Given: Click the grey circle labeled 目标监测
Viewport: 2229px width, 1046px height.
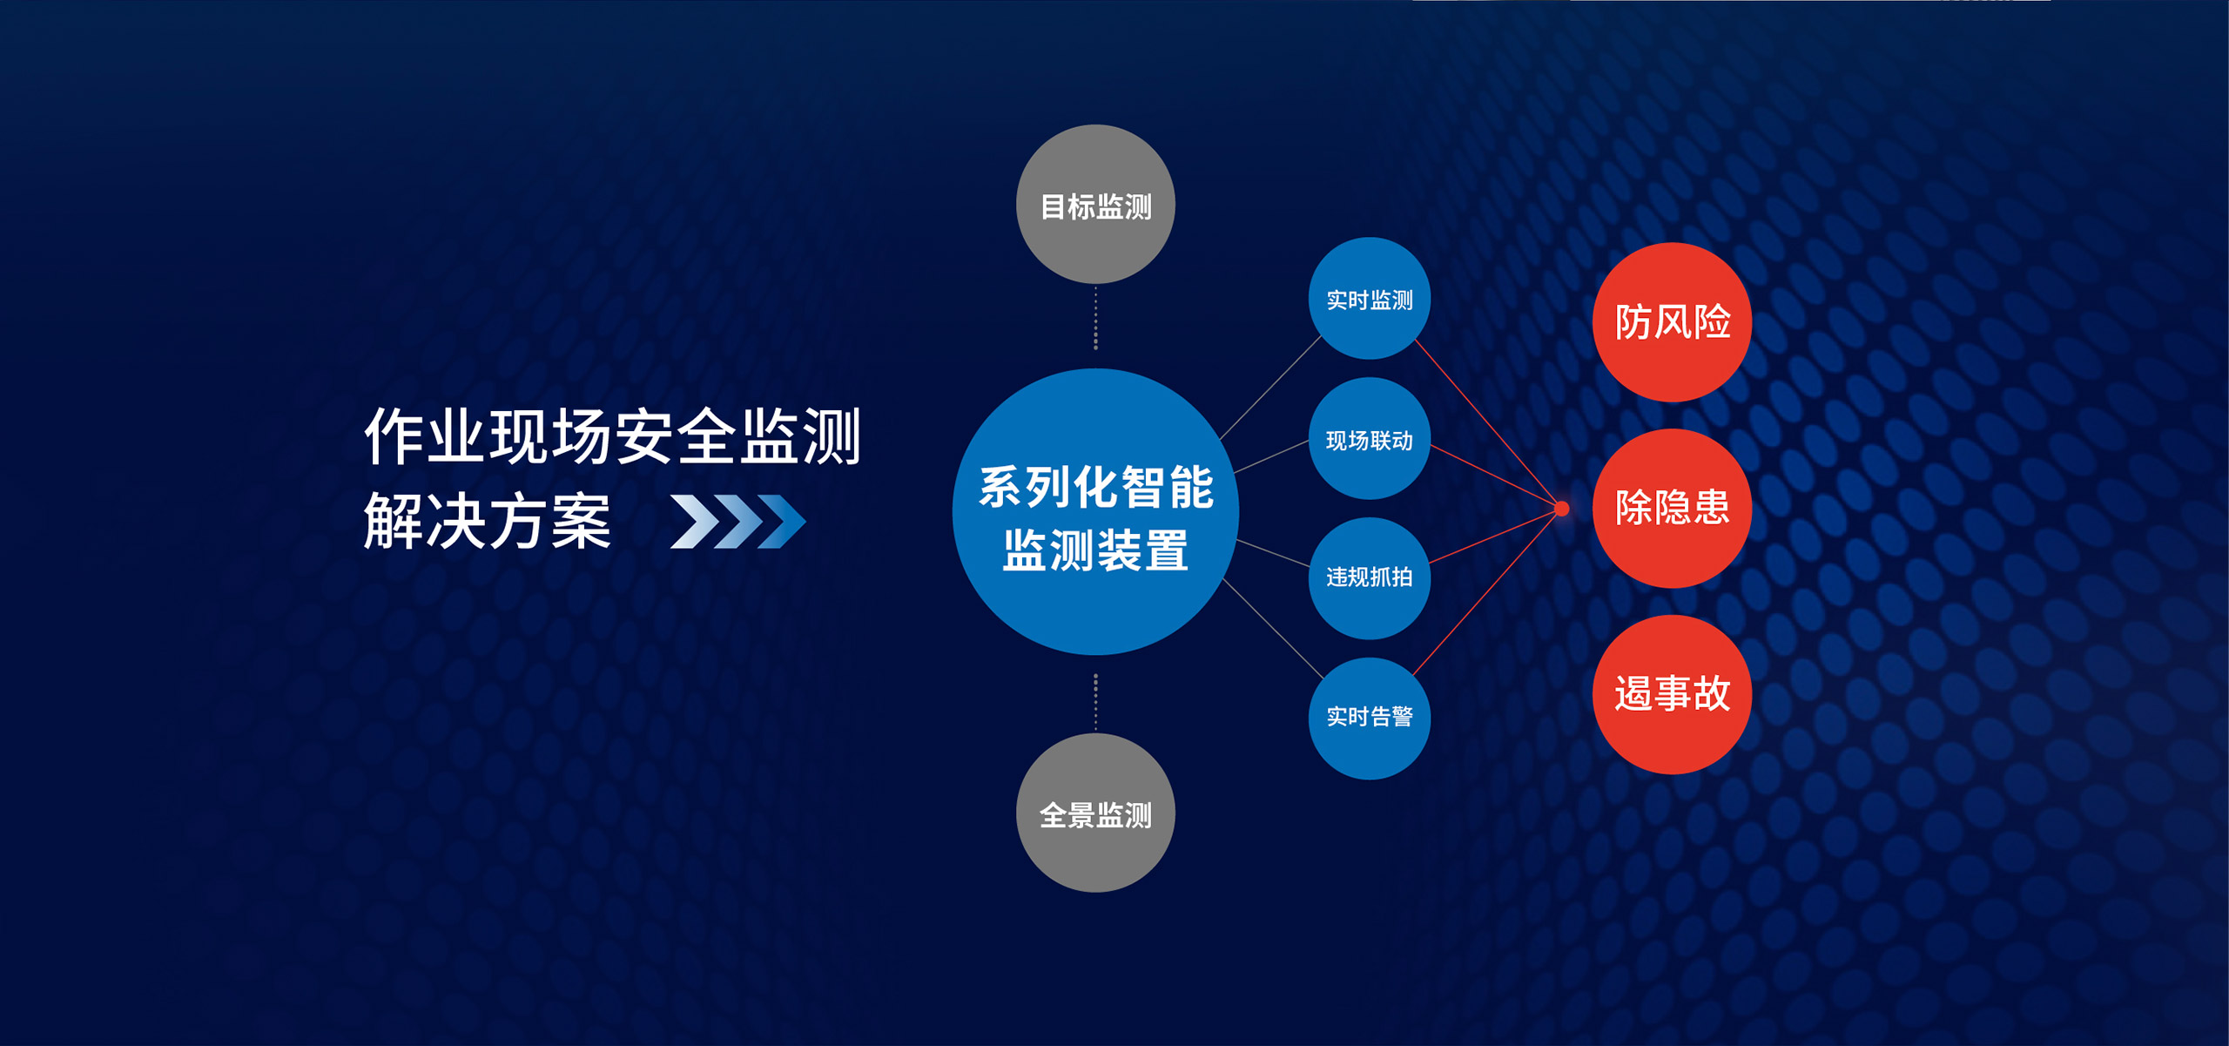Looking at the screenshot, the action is (x=1095, y=204).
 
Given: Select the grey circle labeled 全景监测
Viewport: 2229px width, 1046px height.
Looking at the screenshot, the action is (x=1095, y=813).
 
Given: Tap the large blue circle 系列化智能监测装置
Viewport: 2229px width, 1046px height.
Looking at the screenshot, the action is (x=1095, y=511).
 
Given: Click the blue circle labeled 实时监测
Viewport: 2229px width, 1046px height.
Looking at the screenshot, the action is (x=1370, y=298).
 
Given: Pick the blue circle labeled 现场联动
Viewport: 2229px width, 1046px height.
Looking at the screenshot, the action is (x=1370, y=438).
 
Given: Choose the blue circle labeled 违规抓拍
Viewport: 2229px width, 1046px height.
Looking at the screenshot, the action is (x=1370, y=578).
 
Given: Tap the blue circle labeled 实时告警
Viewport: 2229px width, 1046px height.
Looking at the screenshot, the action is (x=1370, y=719).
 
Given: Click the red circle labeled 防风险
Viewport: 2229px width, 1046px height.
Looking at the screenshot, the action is (x=1672, y=322).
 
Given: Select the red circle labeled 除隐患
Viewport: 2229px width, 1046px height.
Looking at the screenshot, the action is (x=1672, y=509).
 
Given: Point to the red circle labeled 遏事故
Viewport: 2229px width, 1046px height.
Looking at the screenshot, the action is (x=1672, y=695).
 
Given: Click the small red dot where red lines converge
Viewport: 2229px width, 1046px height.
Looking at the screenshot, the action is (x=1562, y=509).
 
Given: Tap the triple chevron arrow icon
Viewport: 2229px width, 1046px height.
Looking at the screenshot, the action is (x=738, y=522).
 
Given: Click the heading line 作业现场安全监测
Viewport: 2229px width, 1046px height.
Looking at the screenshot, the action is (x=613, y=435).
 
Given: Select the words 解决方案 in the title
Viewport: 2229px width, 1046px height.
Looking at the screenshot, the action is (x=488, y=521).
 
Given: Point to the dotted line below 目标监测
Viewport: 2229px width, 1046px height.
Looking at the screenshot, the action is (x=1095, y=318).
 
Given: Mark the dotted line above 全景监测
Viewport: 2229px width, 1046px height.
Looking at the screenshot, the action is (x=1095, y=702).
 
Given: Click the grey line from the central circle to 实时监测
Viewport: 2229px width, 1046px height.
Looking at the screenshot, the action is (x=1270, y=388).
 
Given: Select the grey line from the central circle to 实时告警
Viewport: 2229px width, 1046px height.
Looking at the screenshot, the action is (x=1273, y=629).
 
